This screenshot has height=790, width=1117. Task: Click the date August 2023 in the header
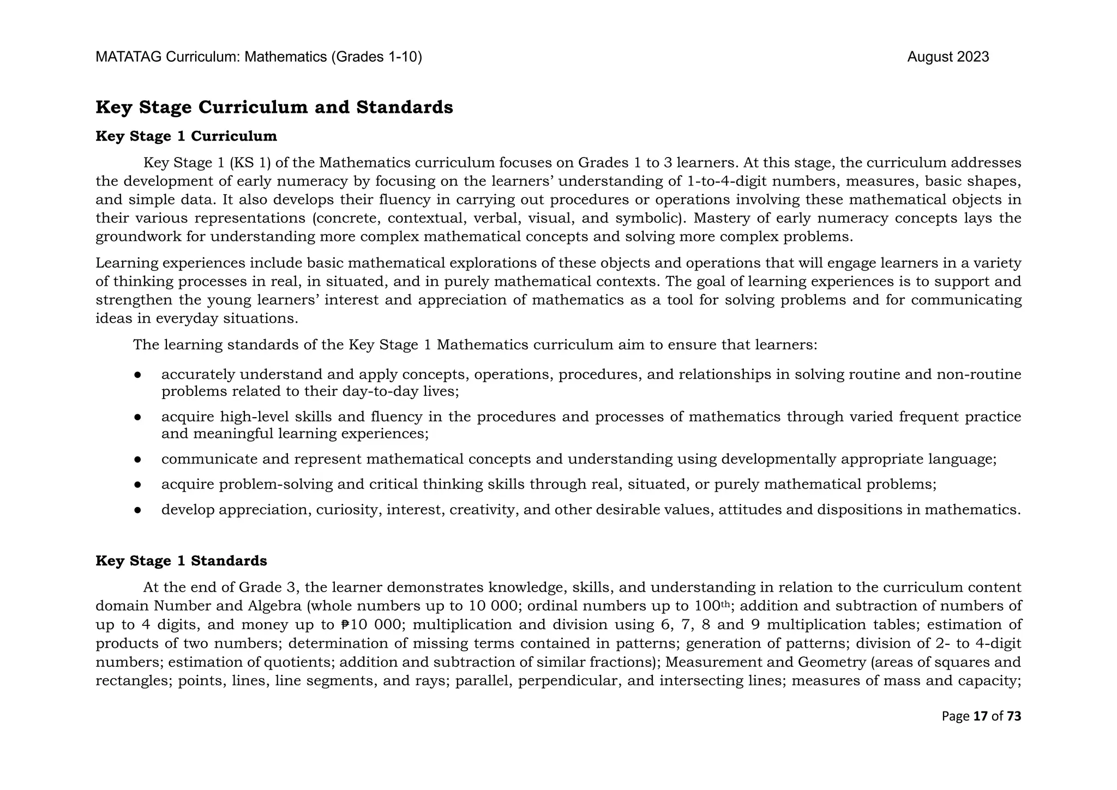point(947,57)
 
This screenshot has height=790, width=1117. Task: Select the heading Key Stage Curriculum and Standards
point(274,107)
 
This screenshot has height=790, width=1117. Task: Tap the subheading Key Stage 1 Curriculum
point(186,136)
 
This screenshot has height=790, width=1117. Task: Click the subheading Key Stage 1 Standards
point(181,561)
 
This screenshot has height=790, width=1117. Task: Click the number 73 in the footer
point(1013,716)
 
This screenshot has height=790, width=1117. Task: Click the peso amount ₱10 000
point(371,625)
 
